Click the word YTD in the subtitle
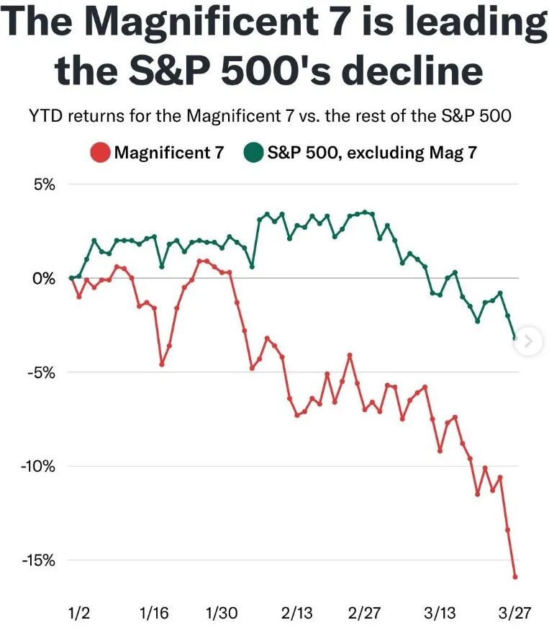[x=45, y=116]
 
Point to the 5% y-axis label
[x=45, y=184]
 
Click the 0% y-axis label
[x=45, y=278]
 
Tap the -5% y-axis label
[x=42, y=372]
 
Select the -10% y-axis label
[x=38, y=466]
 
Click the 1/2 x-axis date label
[x=78, y=613]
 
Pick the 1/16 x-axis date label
[x=153, y=613]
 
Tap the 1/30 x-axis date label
[x=222, y=613]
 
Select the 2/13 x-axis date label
[x=296, y=613]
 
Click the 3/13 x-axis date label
[x=439, y=613]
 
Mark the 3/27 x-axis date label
[x=514, y=613]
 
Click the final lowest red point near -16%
[x=515, y=576]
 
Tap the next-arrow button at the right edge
[x=529, y=341]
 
